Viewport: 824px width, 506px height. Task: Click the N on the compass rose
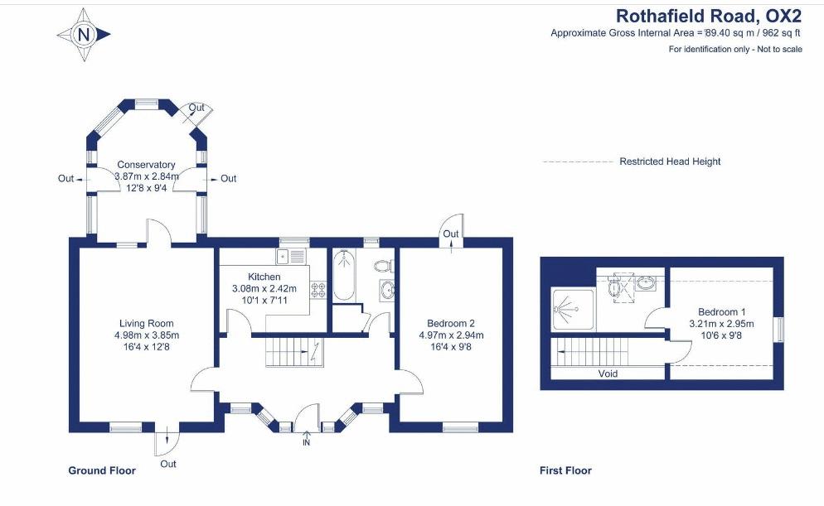tap(84, 35)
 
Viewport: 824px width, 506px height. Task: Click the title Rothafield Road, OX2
tap(709, 16)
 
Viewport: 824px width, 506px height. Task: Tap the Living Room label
tap(146, 323)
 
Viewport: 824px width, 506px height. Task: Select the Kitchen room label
tap(264, 277)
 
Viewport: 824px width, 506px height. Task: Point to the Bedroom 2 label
tap(451, 323)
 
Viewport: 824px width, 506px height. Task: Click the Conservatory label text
tap(146, 165)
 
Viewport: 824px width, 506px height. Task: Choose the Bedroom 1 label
tap(721, 311)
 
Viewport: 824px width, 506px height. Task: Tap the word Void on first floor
tap(608, 373)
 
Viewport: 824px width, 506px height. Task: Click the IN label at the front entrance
tap(307, 442)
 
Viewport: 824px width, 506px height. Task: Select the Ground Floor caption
tap(102, 470)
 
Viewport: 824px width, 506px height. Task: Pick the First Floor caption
tap(565, 470)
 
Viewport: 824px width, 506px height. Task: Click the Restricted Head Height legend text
tap(670, 161)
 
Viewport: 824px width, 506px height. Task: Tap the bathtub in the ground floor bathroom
tap(344, 275)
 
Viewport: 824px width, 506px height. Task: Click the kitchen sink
tap(291, 256)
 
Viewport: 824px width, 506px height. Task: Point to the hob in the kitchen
tap(318, 291)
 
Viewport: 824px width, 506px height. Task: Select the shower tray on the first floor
tap(573, 309)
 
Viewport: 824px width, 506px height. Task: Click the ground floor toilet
tap(385, 266)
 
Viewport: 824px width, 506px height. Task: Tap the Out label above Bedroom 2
tap(451, 234)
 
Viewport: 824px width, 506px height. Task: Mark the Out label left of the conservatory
tap(65, 178)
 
